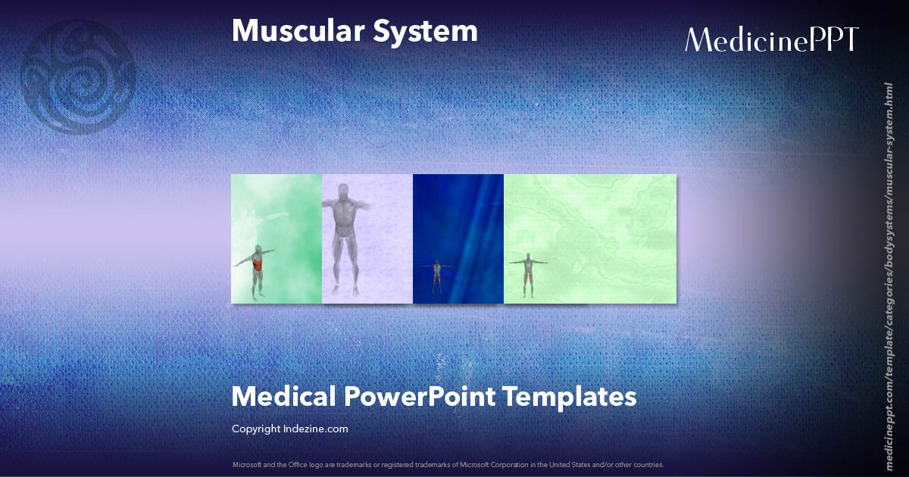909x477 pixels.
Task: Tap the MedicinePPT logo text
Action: tap(772, 40)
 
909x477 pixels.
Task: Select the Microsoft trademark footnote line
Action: tap(448, 464)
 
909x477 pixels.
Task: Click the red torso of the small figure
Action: tap(258, 265)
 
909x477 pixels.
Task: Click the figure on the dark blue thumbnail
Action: tap(437, 276)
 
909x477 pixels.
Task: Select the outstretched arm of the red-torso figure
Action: tap(267, 252)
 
